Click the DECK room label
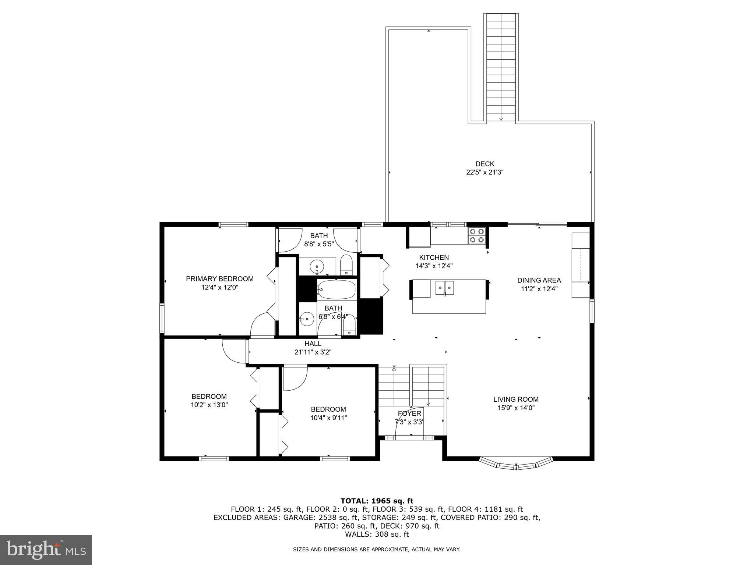point(485,164)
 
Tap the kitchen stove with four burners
point(476,236)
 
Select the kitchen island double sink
point(445,287)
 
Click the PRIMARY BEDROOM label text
point(219,279)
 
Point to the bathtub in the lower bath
point(337,289)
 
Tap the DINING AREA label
point(539,280)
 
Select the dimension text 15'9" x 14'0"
point(516,408)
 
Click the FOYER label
point(409,413)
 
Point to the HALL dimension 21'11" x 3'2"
point(313,352)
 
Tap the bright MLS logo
point(46,550)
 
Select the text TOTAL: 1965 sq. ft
point(377,501)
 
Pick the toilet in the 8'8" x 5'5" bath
point(346,265)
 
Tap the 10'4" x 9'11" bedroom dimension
point(328,417)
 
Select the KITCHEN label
point(434,257)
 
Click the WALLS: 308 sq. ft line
point(377,534)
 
